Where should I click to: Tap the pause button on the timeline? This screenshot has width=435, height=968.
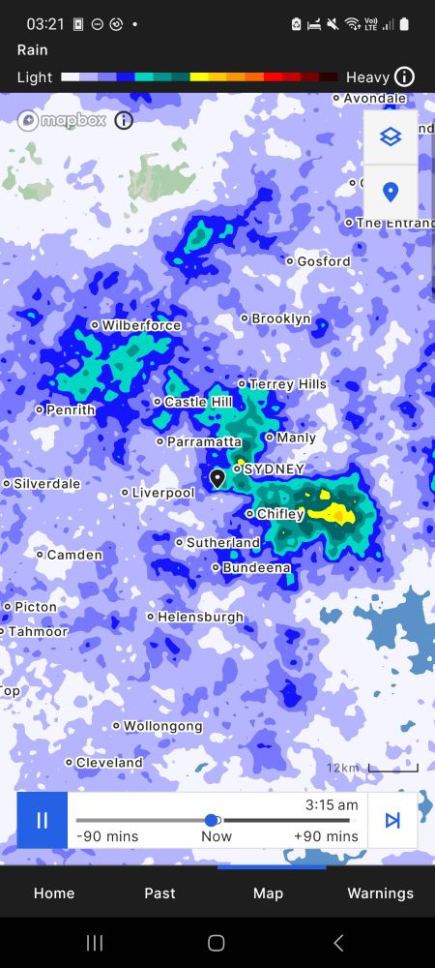pyautogui.click(x=42, y=820)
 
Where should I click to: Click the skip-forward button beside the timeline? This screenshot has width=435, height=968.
pyautogui.click(x=392, y=820)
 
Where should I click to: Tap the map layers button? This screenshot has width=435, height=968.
pyautogui.click(x=391, y=137)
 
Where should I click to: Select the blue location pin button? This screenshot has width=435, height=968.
pyautogui.click(x=391, y=192)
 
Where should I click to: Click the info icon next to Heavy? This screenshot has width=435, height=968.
pyautogui.click(x=405, y=76)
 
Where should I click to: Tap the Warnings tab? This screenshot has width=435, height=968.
pyautogui.click(x=380, y=893)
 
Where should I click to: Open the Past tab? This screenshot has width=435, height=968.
pyautogui.click(x=160, y=893)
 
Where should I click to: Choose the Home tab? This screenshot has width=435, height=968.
pyautogui.click(x=54, y=893)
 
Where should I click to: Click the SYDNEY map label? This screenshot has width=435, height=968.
pyautogui.click(x=274, y=469)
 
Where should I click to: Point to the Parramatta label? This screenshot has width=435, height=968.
pyautogui.click(x=204, y=441)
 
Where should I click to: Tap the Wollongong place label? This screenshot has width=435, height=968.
pyautogui.click(x=162, y=725)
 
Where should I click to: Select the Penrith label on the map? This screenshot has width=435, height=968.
pyautogui.click(x=71, y=409)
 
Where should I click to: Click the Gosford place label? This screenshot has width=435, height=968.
pyautogui.click(x=323, y=260)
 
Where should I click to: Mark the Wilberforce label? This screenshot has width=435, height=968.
pyautogui.click(x=141, y=325)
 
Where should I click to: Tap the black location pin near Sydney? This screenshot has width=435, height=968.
pyautogui.click(x=217, y=477)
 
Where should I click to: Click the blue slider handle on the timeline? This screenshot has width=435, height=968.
pyautogui.click(x=213, y=821)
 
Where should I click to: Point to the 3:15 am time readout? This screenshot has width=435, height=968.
pyautogui.click(x=332, y=804)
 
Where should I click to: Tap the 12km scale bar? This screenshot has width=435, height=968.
pyautogui.click(x=391, y=769)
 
